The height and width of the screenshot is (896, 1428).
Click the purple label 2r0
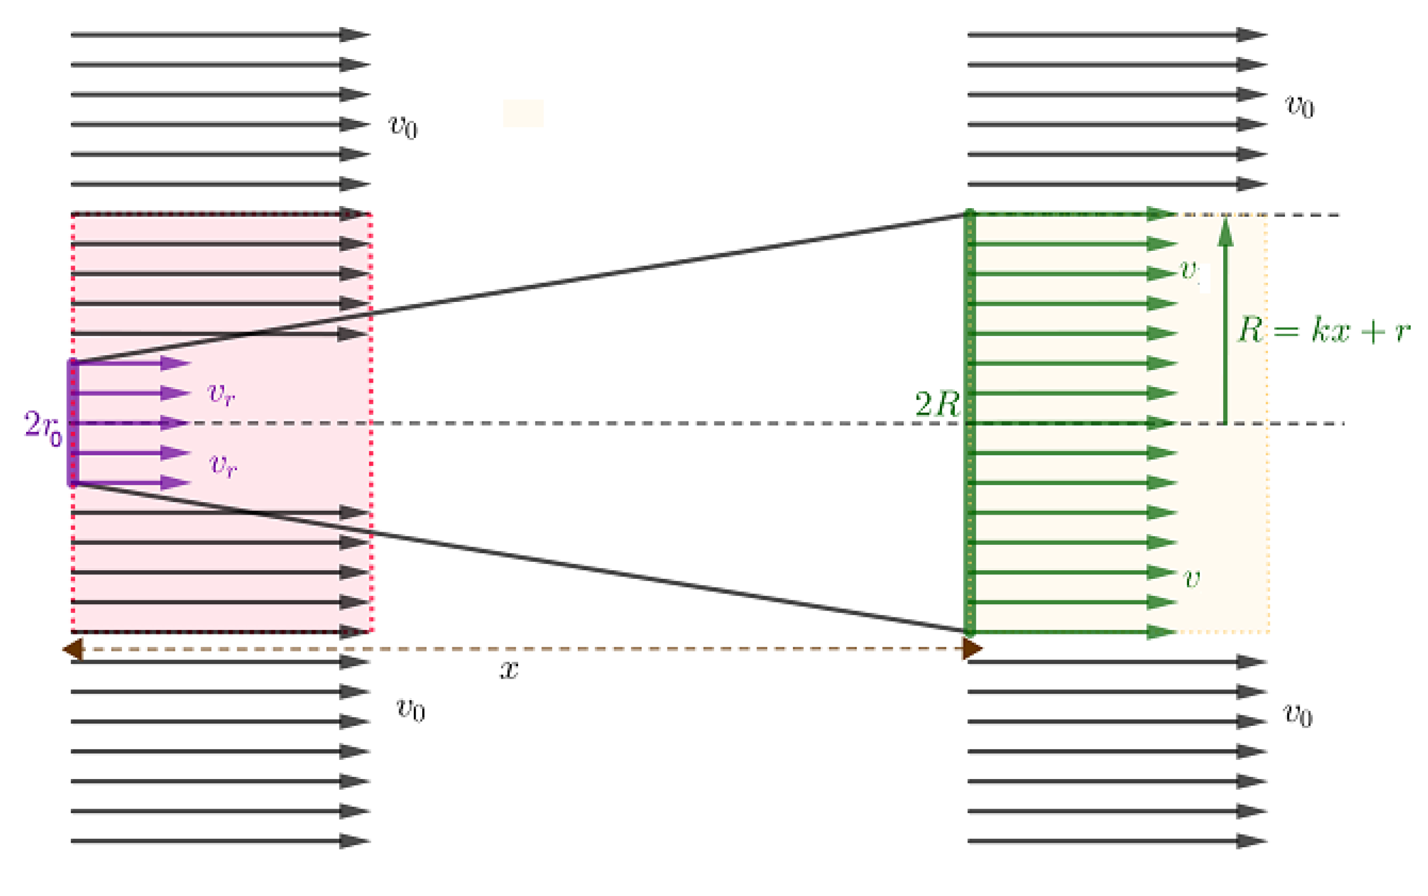[43, 427]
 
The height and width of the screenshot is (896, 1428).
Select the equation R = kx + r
[1322, 330]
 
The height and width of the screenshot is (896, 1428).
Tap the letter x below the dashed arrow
[509, 670]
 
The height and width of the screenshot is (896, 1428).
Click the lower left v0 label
[410, 709]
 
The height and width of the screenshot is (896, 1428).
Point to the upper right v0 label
[1299, 107]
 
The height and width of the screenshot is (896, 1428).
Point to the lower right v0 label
[1297, 715]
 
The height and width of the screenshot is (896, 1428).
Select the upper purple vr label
[221, 393]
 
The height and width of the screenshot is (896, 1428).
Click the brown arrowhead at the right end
[972, 649]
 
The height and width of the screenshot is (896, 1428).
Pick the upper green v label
[1188, 271]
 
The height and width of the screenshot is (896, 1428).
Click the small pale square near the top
[523, 113]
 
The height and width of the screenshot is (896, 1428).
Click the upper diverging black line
[522, 289]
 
